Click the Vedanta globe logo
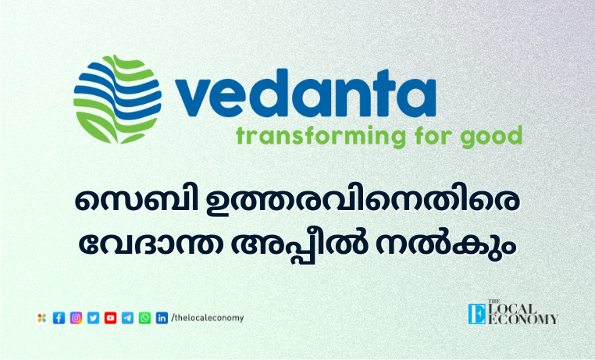click(117, 100)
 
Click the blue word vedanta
click(305, 94)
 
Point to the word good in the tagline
click(491, 136)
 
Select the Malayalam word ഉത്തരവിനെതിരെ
click(362, 201)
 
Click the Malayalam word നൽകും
click(447, 243)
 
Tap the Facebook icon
click(59, 318)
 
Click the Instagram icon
click(76, 318)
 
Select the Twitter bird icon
click(94, 318)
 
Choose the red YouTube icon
click(110, 318)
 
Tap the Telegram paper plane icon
click(127, 318)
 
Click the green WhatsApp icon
click(144, 318)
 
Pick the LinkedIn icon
click(162, 318)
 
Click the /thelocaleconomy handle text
click(208, 318)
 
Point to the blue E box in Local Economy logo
click(477, 314)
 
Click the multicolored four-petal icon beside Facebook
click(41, 318)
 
